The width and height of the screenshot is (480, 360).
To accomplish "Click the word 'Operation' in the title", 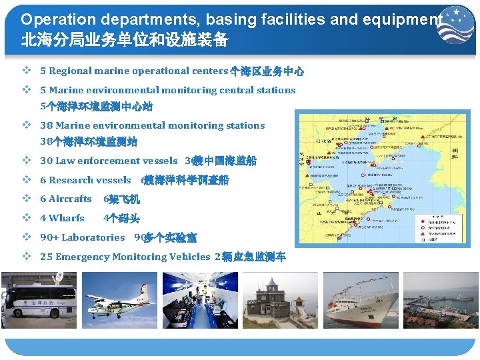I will [50, 19].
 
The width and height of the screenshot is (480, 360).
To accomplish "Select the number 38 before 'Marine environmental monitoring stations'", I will [46, 125].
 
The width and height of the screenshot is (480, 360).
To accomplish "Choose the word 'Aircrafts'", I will [70, 199].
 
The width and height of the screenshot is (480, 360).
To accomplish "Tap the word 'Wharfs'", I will [67, 218].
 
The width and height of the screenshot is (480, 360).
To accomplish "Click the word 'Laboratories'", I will [93, 237].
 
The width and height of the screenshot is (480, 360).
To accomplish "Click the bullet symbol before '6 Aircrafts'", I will [26, 199].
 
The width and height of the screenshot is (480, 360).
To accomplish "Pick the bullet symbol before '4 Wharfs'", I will [26, 218].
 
